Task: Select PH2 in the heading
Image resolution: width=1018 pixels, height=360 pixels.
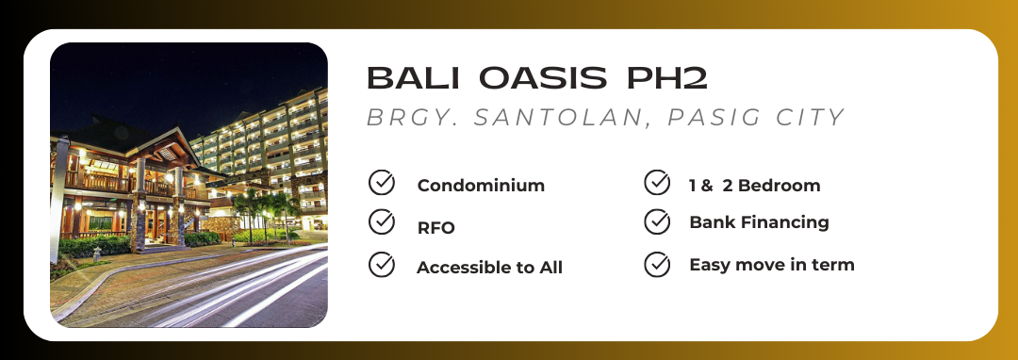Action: coord(666,78)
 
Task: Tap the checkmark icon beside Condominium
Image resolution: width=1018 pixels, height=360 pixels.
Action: coord(382,183)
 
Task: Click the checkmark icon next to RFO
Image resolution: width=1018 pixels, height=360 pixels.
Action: coord(382,221)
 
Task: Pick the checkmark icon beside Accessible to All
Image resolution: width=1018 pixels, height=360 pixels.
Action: coord(382,265)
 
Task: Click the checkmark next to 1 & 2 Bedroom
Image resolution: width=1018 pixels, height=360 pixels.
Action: coord(657,183)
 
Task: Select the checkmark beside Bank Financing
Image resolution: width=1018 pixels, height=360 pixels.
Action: coord(657,221)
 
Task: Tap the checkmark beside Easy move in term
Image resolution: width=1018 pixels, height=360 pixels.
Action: coord(657,265)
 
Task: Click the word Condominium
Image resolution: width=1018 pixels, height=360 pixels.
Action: coord(481,186)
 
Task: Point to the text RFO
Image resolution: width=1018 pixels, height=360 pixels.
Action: coord(436,228)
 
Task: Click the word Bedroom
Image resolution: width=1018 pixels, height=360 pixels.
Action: coord(780,186)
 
